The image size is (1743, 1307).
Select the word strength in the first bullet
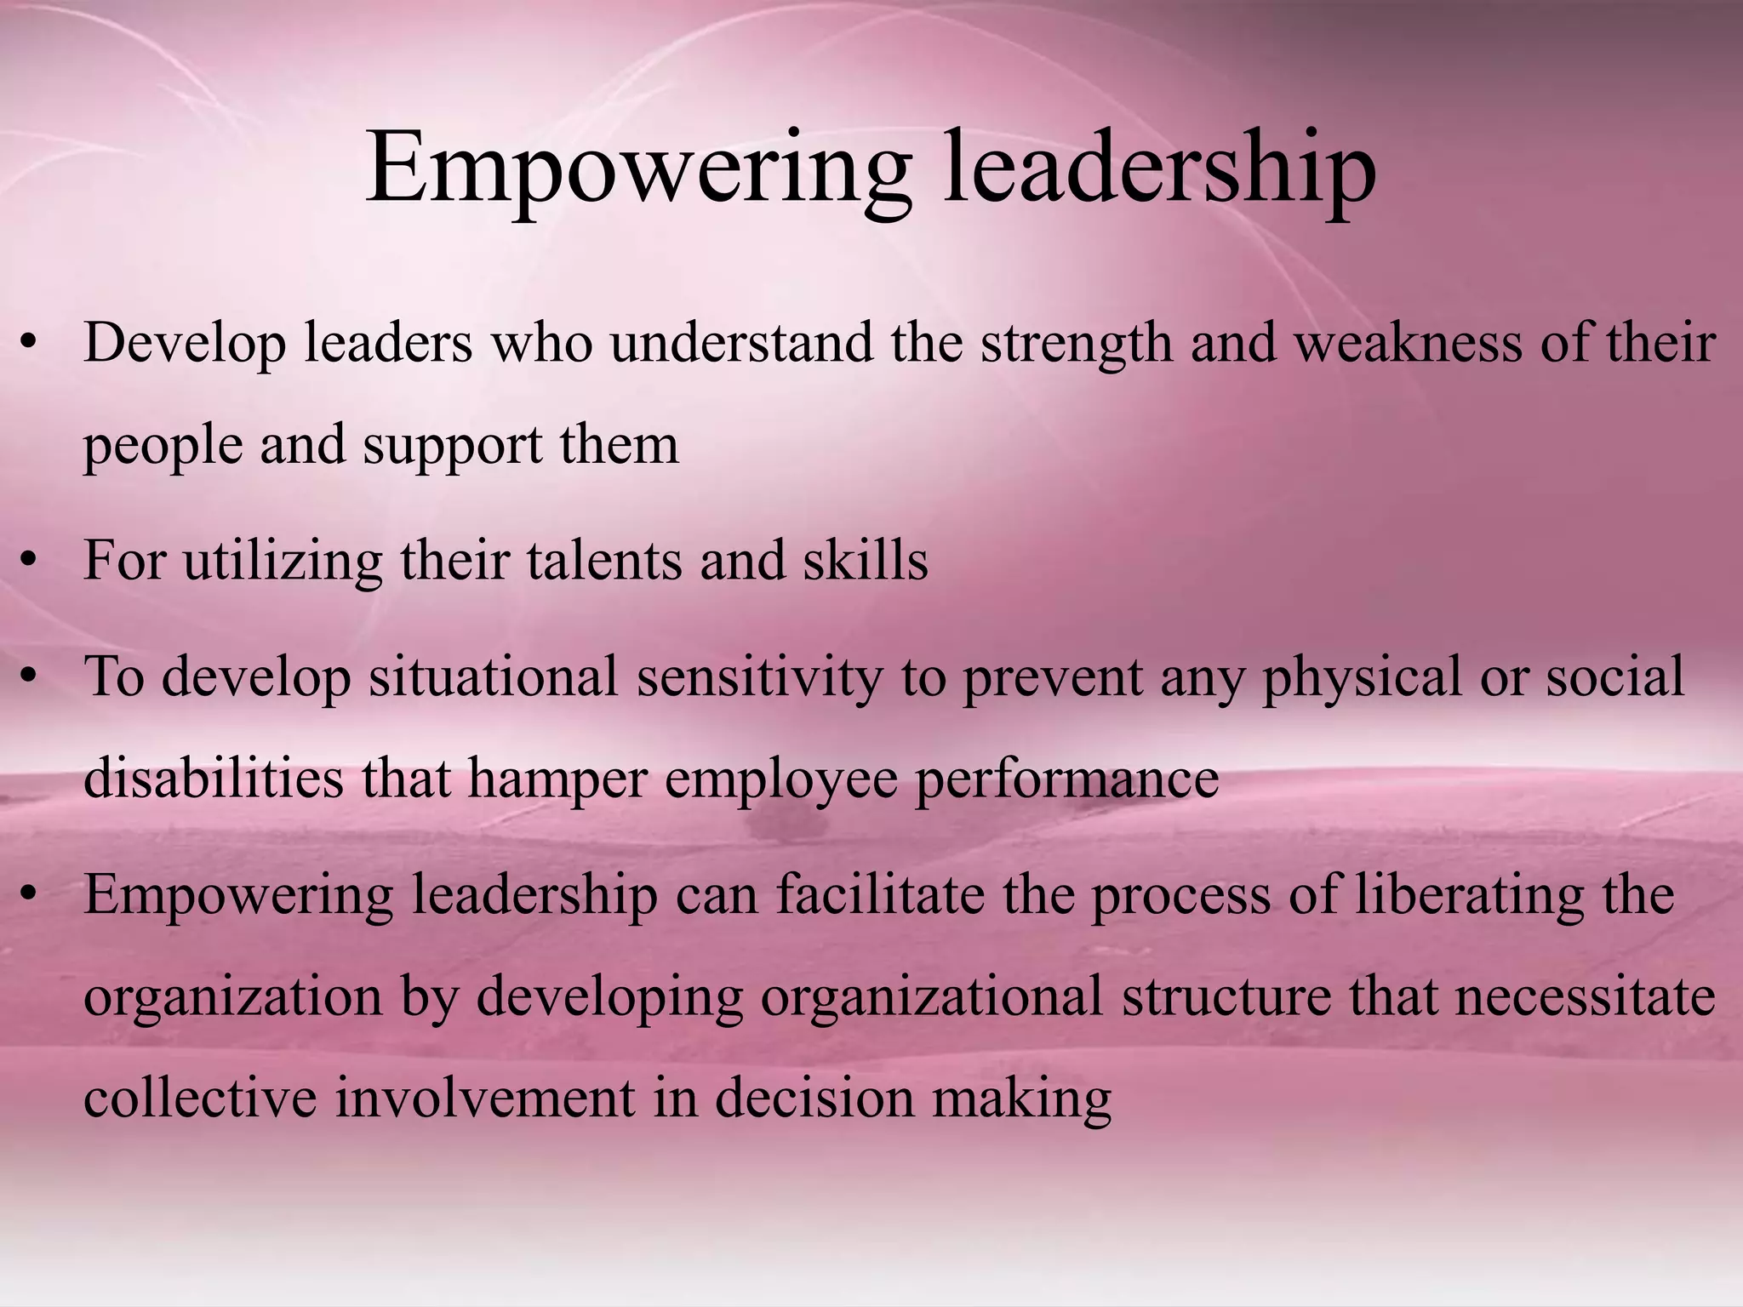[1076, 345]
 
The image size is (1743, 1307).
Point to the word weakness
[1408, 343]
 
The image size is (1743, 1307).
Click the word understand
[741, 343]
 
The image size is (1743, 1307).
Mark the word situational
[494, 677]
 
